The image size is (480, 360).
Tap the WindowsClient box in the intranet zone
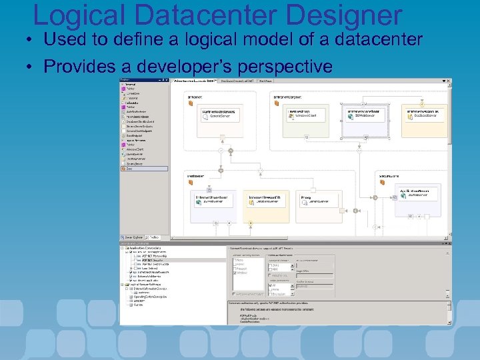pyautogui.click(x=305, y=114)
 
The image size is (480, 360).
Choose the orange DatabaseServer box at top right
pyautogui.click(x=424, y=114)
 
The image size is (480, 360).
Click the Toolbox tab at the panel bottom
pyautogui.click(x=154, y=236)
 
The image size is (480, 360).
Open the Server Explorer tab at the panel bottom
pyautogui.click(x=132, y=236)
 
